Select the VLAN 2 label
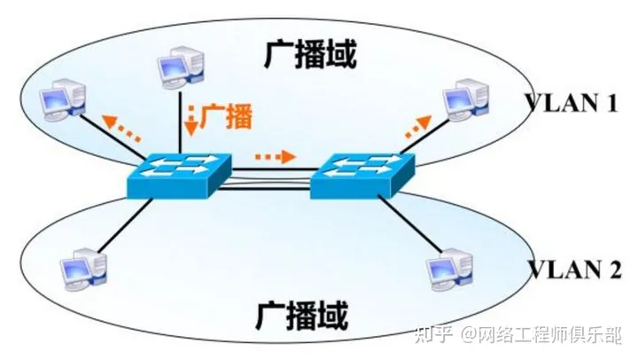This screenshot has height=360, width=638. coord(570,268)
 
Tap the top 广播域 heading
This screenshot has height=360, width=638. coord(311,55)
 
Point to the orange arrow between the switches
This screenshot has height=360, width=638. coord(275,157)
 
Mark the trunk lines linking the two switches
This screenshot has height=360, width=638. coord(270,186)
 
